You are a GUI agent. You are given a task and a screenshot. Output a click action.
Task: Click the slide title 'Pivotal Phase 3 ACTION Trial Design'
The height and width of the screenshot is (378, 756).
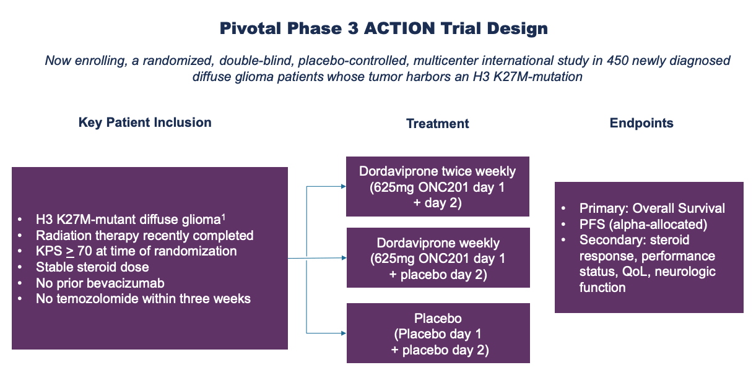[x=384, y=28]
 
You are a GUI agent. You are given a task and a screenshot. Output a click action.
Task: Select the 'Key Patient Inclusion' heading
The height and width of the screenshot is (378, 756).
[x=145, y=122]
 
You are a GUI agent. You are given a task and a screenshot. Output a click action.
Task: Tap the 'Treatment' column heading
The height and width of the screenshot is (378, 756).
[x=437, y=124]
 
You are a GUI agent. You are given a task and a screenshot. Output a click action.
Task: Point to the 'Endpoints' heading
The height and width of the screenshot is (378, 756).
[x=641, y=123]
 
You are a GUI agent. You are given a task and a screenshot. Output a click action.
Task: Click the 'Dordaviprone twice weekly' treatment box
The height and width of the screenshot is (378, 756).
[x=438, y=186]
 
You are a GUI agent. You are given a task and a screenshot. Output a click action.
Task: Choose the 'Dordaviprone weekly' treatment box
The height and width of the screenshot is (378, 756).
[x=438, y=258]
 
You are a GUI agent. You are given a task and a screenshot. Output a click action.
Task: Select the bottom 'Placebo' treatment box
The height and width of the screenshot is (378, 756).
[x=438, y=333]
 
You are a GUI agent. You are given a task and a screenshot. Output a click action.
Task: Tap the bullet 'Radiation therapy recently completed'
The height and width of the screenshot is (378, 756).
[x=144, y=235]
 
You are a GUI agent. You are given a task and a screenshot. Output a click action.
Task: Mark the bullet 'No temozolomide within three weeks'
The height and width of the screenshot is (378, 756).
[x=143, y=299]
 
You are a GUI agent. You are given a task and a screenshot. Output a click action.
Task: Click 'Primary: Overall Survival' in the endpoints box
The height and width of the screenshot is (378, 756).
[x=652, y=208]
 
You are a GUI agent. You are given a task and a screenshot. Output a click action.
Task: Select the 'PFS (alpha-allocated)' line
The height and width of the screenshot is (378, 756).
[x=643, y=224]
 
